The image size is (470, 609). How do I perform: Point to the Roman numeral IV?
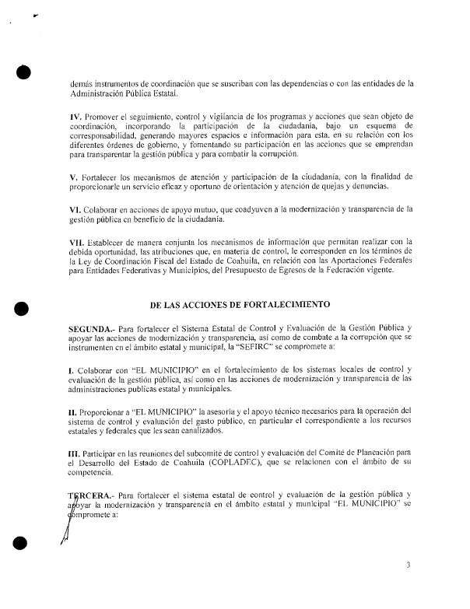(x=75, y=116)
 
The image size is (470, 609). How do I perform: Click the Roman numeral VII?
(x=79, y=242)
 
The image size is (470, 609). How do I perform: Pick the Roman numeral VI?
(x=75, y=208)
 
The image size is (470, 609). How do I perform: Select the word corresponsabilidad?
(x=106, y=136)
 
